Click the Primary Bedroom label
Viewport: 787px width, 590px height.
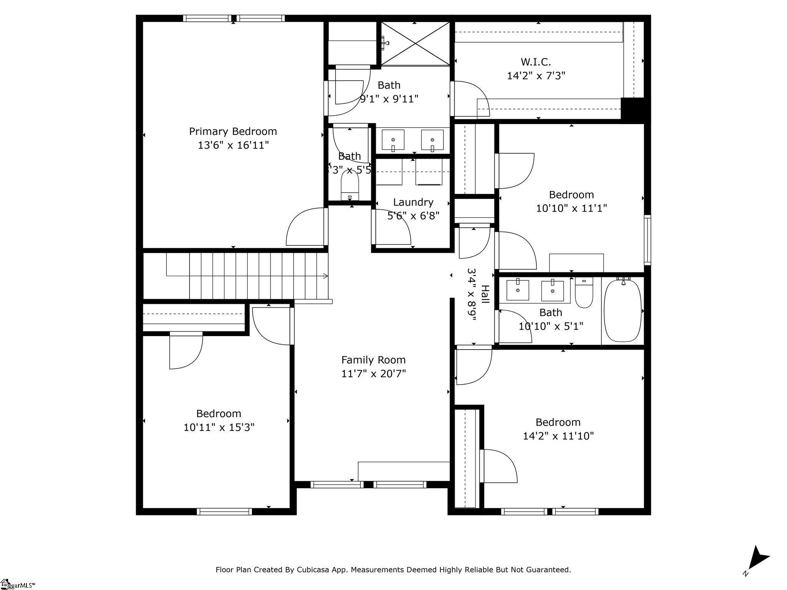(233, 131)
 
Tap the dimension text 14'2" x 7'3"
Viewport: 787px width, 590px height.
(536, 76)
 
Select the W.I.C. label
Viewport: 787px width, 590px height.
(536, 61)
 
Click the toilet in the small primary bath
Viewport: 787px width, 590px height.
(350, 186)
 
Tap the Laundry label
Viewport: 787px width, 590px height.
(413, 202)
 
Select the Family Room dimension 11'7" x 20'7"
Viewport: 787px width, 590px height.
(374, 373)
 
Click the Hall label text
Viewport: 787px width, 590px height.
(485, 294)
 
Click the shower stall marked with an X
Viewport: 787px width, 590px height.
(415, 43)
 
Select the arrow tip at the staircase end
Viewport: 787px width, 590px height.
(326, 276)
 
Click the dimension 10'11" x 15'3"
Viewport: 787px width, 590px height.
(219, 427)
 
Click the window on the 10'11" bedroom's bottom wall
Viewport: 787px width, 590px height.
(224, 511)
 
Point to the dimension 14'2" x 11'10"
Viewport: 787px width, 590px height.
(558, 436)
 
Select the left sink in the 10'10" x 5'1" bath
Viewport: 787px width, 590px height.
(518, 290)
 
